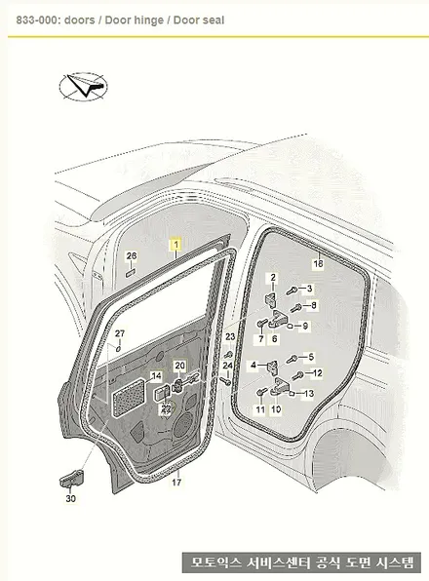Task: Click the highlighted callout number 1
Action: (175, 245)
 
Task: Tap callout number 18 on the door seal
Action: (318, 263)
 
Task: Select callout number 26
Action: (132, 255)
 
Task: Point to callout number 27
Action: (119, 333)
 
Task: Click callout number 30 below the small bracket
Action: (71, 498)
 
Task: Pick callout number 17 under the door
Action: (176, 483)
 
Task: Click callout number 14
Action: (157, 376)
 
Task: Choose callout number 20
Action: (180, 366)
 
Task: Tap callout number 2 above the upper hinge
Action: (273, 278)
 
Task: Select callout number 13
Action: (309, 393)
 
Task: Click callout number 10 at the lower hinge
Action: (276, 409)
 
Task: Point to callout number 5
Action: (311, 357)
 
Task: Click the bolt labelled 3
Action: (293, 290)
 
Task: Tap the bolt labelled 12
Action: (297, 376)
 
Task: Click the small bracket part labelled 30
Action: (71, 481)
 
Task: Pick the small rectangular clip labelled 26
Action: (132, 274)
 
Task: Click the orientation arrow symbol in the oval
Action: (83, 87)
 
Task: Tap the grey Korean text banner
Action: (302, 562)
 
